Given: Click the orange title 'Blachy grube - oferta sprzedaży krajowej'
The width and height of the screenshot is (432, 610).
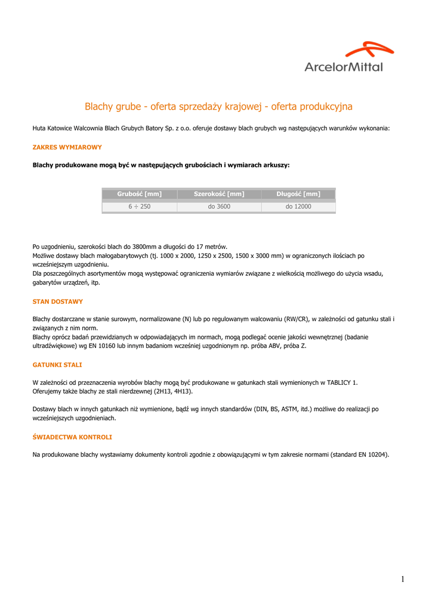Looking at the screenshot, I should click(x=218, y=107).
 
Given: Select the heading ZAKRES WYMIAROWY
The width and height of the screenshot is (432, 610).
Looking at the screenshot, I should click(x=67, y=147).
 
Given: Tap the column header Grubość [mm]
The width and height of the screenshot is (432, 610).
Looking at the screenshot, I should click(x=140, y=194).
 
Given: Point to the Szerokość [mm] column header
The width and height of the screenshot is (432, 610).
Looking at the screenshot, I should click(x=219, y=194).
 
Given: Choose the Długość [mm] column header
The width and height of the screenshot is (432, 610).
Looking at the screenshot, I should click(x=298, y=194).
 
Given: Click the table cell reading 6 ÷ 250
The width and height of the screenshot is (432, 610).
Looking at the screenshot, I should click(x=140, y=207).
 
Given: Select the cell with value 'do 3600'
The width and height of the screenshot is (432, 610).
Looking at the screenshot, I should click(x=219, y=207).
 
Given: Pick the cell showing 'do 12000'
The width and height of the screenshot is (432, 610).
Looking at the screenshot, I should click(x=298, y=207).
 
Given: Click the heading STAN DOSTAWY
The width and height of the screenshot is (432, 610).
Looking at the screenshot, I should click(x=58, y=302).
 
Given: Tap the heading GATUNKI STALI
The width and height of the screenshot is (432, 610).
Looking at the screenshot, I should click(x=57, y=365).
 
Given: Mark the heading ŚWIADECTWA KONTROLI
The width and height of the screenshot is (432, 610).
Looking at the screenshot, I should click(x=72, y=437).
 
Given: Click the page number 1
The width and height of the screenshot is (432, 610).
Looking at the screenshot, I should click(x=403, y=579).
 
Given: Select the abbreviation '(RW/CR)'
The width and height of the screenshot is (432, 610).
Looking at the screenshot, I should click(x=304, y=319).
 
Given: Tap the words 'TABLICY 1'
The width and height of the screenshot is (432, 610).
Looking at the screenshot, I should click(x=340, y=382).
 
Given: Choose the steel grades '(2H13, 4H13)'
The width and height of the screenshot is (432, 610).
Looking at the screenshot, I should click(x=172, y=391).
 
